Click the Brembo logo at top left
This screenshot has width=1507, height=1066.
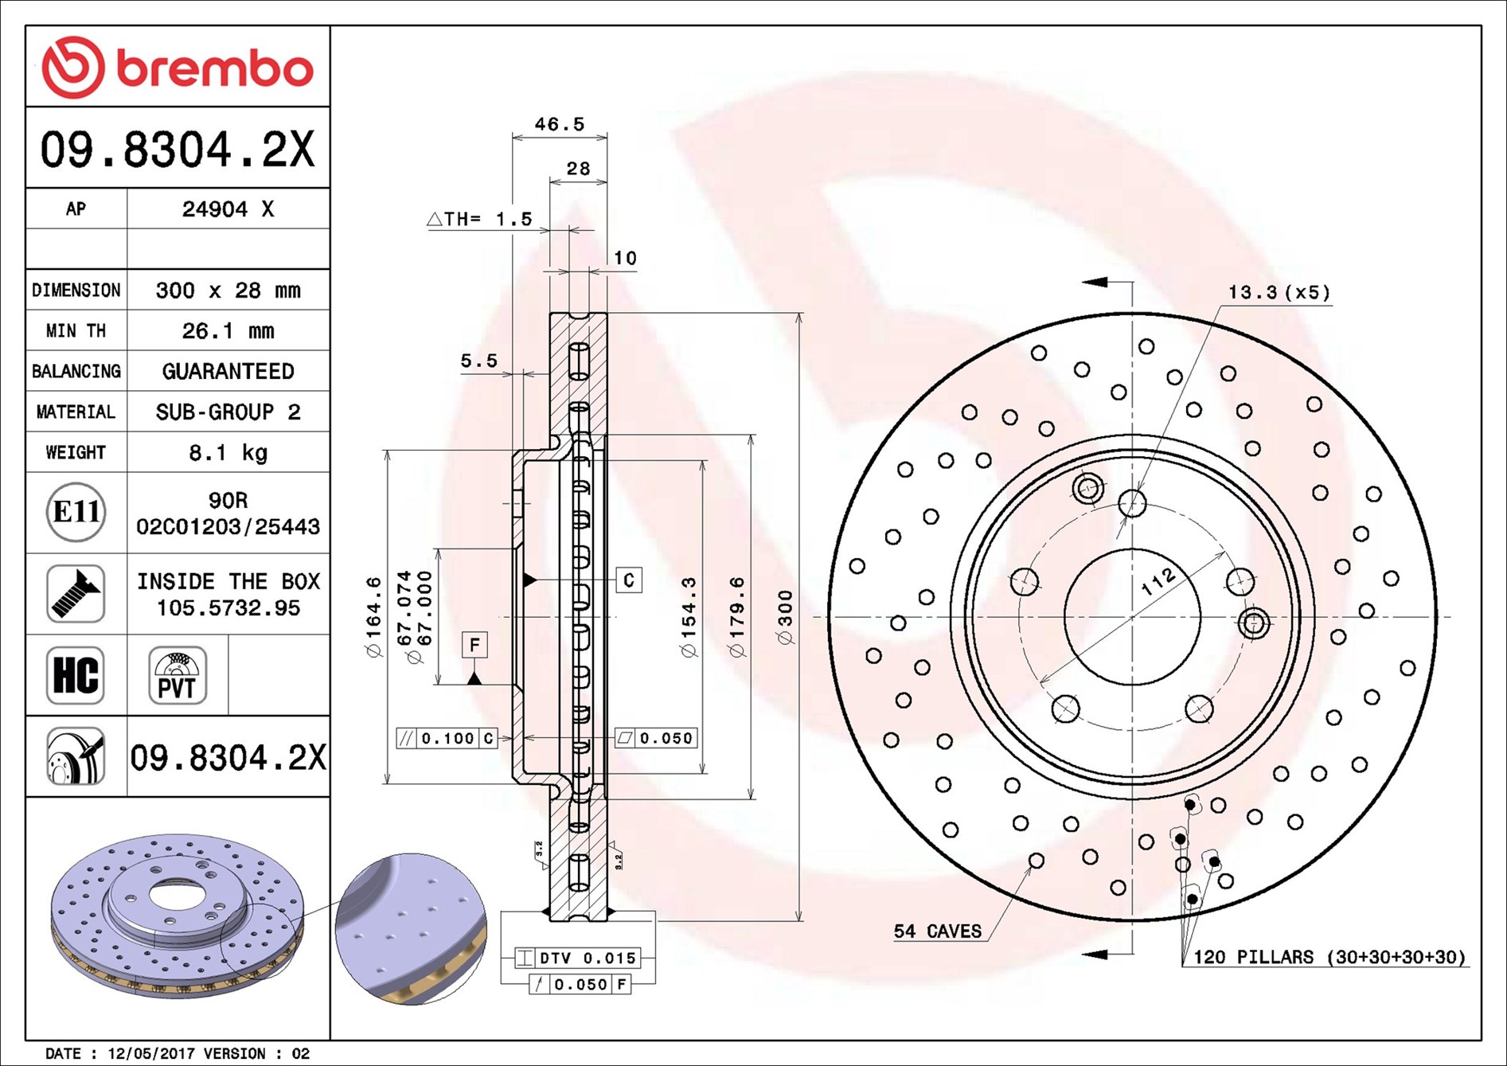(177, 68)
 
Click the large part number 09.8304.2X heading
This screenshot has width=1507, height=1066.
(177, 149)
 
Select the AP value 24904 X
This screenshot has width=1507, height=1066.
(228, 209)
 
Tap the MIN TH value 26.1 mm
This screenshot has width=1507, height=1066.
(228, 331)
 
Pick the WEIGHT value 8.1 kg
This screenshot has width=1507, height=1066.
(228, 453)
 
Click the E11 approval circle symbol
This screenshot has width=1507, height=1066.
(76, 512)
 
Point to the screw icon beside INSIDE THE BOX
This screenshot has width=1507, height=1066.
(76, 594)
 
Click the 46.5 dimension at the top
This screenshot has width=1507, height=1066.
(559, 124)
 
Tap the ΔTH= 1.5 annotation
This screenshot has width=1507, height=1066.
(480, 219)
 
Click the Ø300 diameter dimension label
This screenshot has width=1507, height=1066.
(785, 617)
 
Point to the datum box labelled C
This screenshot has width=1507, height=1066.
(628, 580)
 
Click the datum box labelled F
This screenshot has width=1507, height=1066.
(474, 644)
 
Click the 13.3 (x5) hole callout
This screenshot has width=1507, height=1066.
(1279, 292)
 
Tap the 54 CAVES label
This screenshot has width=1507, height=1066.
(937, 931)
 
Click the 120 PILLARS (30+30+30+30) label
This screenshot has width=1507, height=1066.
(1328, 957)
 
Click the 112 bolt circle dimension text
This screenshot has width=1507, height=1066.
(1158, 582)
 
